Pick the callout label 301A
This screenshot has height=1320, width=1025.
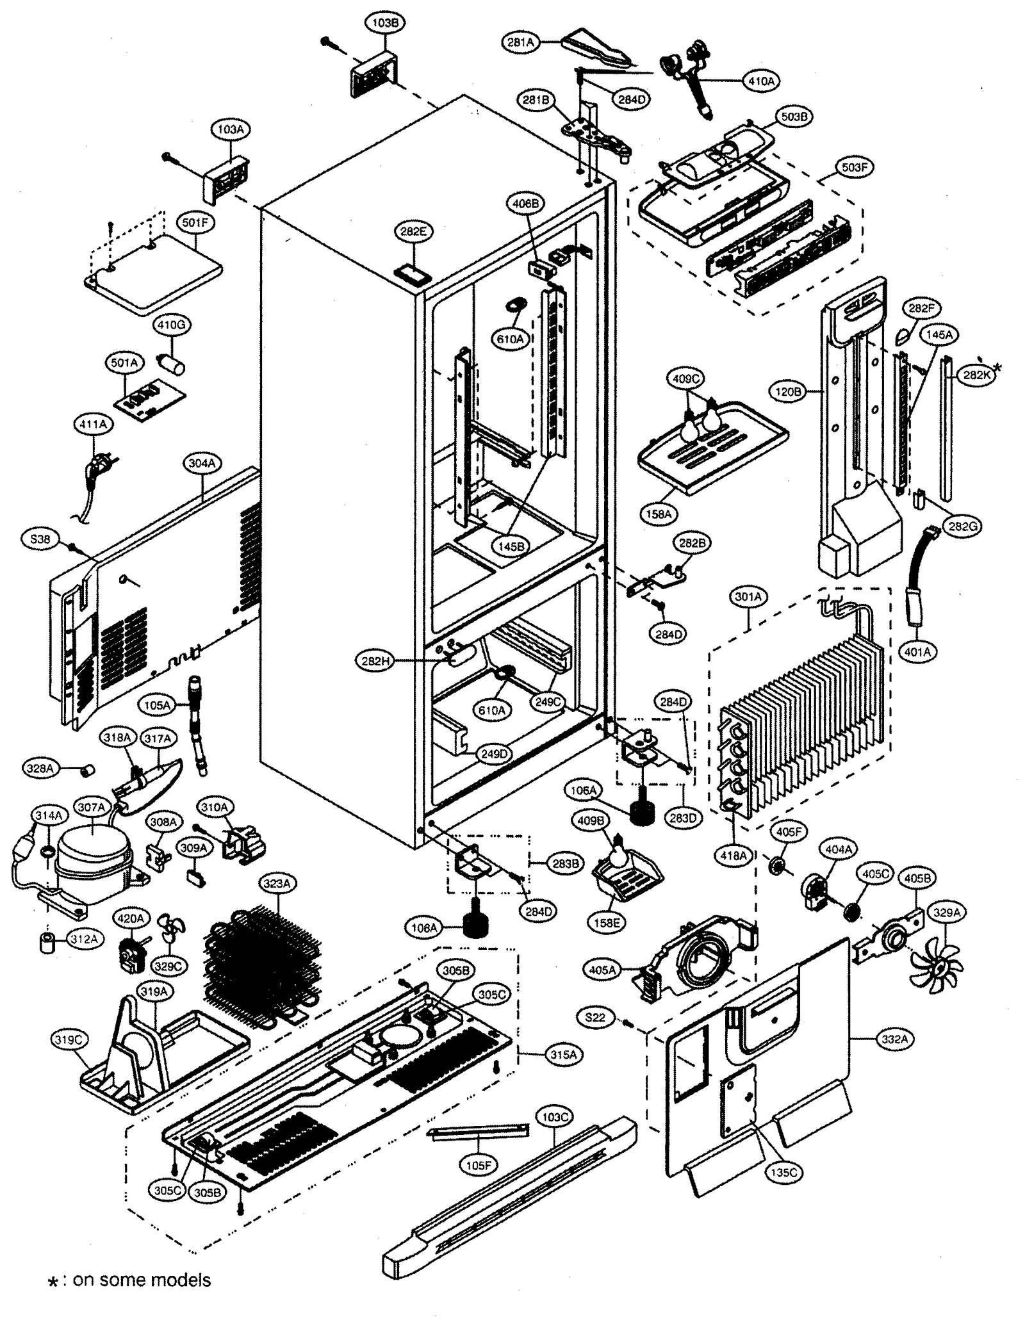(748, 597)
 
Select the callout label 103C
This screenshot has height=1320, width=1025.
(555, 1118)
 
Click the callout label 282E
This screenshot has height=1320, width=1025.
(413, 232)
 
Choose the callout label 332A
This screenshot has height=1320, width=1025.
(894, 1039)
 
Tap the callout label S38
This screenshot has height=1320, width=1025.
(40, 539)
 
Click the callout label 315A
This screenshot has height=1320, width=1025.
(564, 1054)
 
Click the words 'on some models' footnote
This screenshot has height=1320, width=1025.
(142, 1280)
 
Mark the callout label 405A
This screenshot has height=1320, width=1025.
(602, 970)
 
